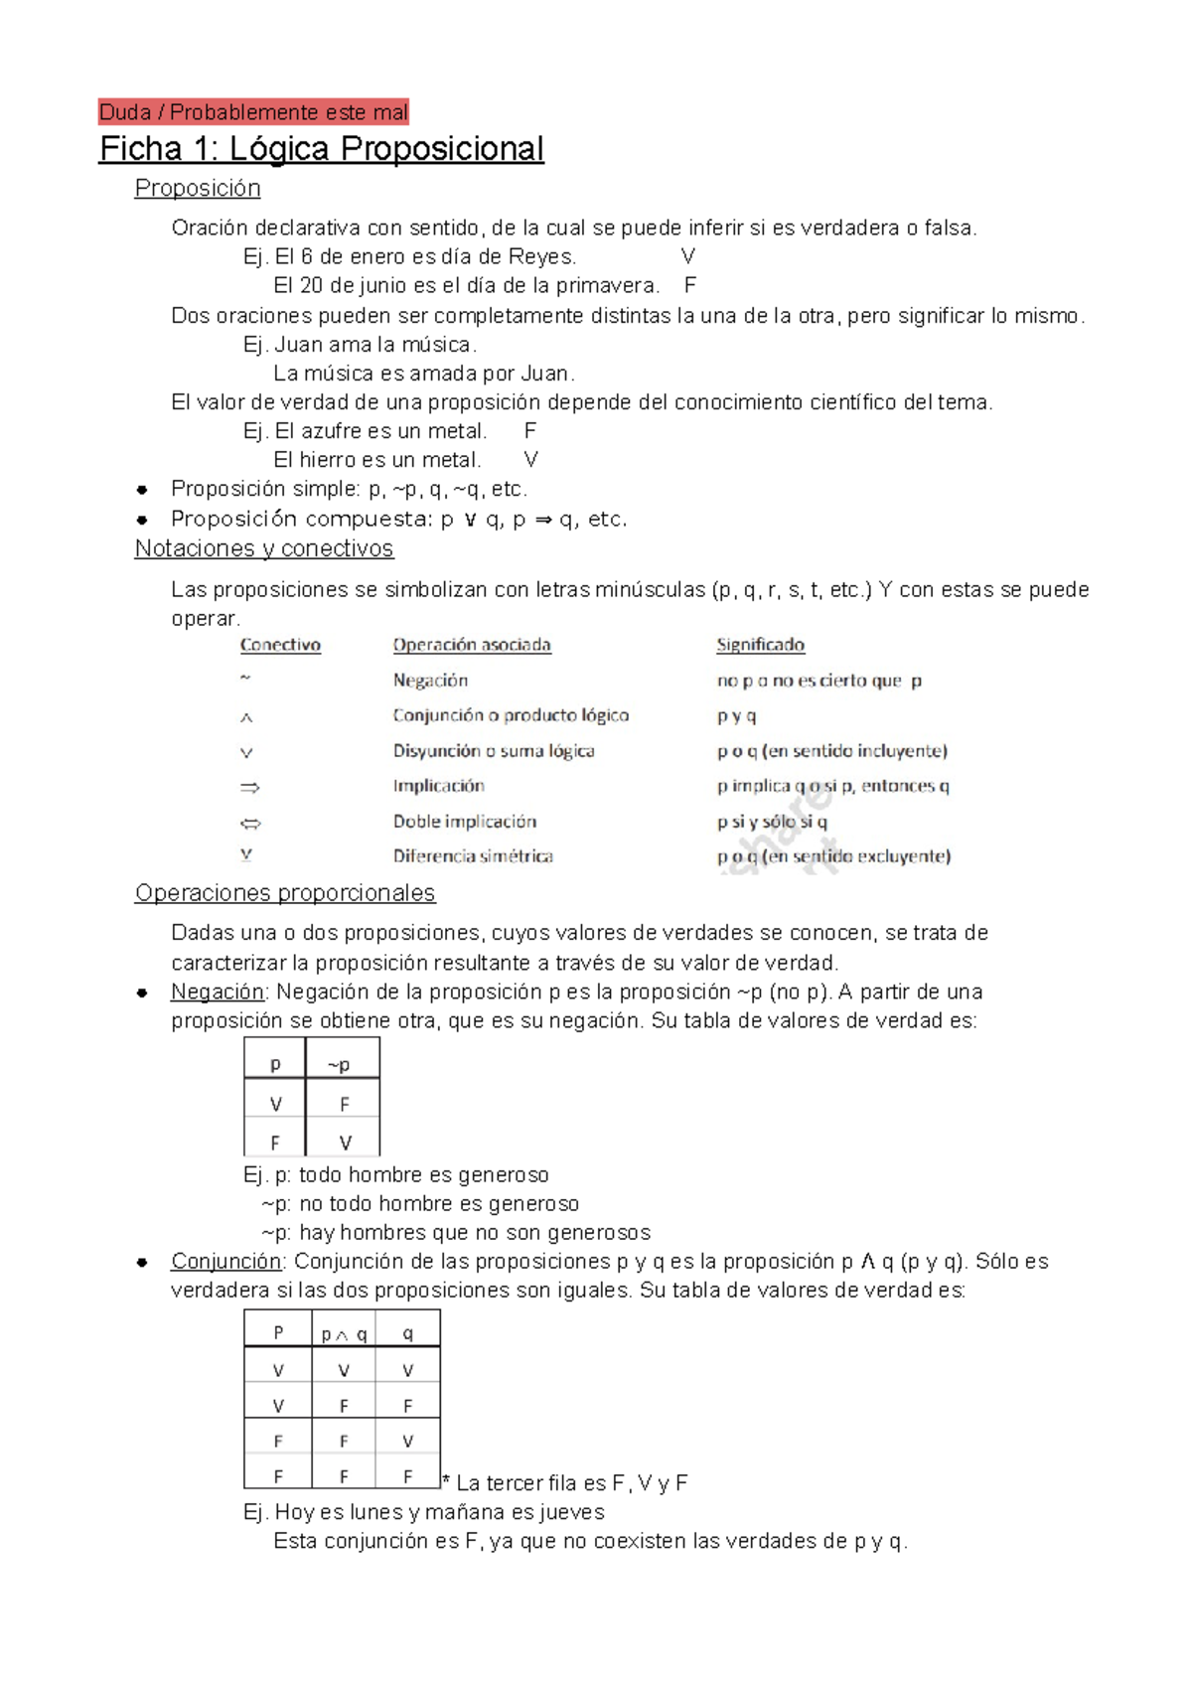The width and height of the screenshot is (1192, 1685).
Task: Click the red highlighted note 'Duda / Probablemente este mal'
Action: (x=253, y=112)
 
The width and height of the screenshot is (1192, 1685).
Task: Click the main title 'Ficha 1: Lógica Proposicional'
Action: (x=321, y=149)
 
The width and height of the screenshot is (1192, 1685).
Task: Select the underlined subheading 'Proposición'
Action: (x=198, y=188)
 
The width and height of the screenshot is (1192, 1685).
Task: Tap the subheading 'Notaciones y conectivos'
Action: (x=264, y=548)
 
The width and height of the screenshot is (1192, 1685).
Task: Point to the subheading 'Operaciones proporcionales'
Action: (x=285, y=893)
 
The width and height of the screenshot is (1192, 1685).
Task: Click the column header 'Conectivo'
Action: (x=280, y=645)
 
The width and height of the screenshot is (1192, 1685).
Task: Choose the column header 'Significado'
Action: (x=760, y=645)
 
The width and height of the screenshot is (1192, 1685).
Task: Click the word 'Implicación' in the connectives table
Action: (x=438, y=786)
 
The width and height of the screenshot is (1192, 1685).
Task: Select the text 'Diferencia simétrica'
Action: (x=473, y=856)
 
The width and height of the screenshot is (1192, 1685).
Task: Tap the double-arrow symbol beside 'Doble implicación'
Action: (x=250, y=823)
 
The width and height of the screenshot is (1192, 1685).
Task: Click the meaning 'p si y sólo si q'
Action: (x=772, y=822)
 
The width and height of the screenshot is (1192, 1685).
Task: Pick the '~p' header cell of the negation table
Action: (x=340, y=1065)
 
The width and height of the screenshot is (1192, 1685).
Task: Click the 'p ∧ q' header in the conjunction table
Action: (x=344, y=1334)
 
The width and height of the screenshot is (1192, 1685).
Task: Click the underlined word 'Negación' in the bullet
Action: (x=218, y=992)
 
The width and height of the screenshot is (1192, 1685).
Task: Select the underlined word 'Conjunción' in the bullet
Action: (x=226, y=1261)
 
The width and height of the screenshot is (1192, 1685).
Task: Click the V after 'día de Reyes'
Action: (x=687, y=256)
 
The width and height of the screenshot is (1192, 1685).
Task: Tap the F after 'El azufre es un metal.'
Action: (x=529, y=431)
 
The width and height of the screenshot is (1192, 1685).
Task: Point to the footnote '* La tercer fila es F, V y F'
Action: (x=565, y=1483)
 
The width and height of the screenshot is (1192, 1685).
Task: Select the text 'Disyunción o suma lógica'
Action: (x=494, y=751)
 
